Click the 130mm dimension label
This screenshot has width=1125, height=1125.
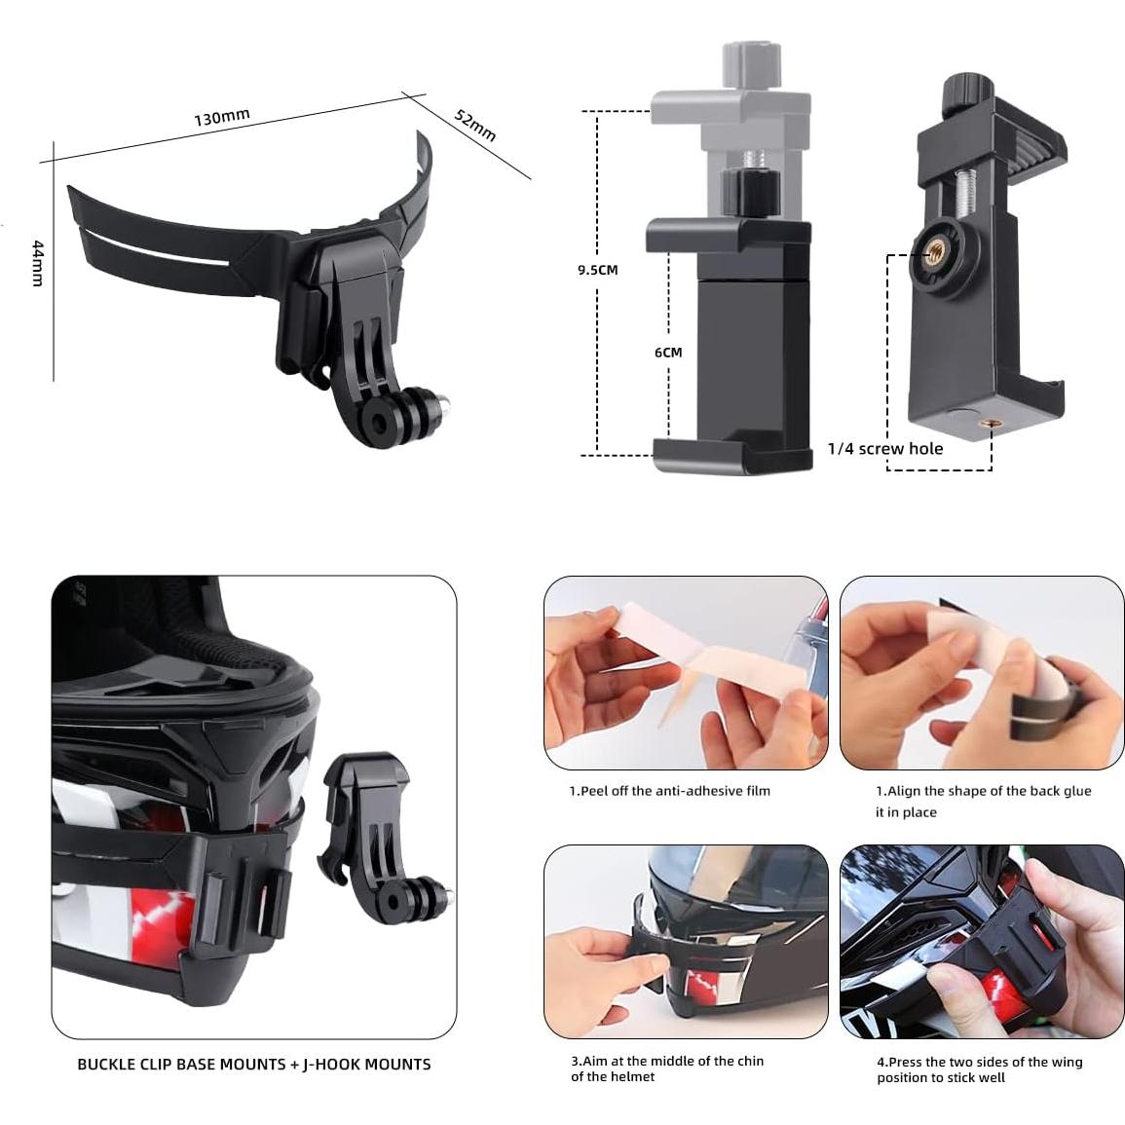point(222,118)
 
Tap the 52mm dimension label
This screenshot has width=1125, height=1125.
point(475,125)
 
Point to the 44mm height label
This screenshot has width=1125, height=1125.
point(37,263)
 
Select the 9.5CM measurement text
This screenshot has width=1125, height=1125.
point(597,270)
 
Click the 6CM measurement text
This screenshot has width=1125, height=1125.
point(668,353)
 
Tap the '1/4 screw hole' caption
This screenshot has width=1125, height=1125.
point(884,449)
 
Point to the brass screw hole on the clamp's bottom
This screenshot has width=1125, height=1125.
point(991,423)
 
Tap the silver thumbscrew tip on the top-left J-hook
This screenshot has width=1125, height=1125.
point(443,400)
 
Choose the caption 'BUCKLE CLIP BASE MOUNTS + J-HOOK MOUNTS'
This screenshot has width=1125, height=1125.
point(254,1065)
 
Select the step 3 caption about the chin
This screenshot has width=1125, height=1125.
point(667,1069)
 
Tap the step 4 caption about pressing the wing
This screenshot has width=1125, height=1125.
point(979,1069)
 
